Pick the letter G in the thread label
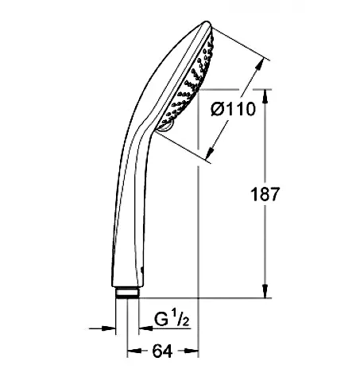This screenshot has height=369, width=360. (x=159, y=320)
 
